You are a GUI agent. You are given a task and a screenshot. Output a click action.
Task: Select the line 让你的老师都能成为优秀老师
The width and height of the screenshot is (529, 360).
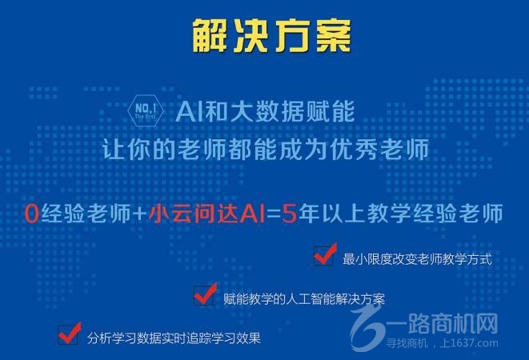click(264, 150)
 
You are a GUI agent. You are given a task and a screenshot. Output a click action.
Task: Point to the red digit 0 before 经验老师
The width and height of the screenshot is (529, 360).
click(31, 214)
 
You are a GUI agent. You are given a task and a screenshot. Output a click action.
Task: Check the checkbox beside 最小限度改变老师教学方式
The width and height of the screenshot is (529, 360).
click(324, 257)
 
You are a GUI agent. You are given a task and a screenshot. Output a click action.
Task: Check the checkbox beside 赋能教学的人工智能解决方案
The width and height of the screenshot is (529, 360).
click(205, 296)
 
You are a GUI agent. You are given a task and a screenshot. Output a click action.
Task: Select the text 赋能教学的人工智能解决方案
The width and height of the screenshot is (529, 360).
click(305, 299)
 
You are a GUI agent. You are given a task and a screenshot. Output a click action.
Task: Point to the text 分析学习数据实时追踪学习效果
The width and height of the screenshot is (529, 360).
click(174, 337)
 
